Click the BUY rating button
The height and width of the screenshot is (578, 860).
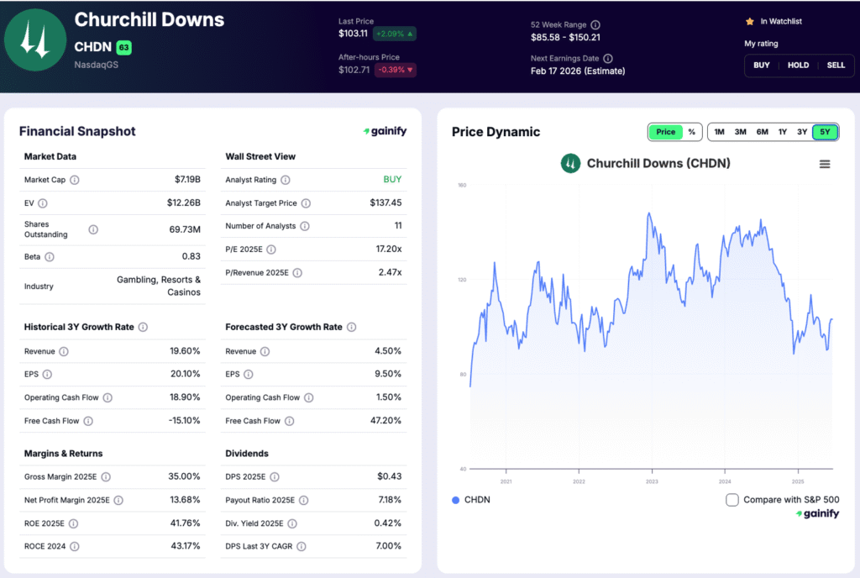(761, 65)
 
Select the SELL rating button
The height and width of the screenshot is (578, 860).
(836, 65)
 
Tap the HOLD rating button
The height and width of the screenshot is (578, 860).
(798, 65)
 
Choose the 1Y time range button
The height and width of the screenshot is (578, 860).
(782, 132)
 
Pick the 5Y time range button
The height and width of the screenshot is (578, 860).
(825, 132)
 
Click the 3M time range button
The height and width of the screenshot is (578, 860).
(740, 132)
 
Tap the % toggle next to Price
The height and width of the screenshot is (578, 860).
(691, 132)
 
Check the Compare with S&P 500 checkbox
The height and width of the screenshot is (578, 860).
(732, 500)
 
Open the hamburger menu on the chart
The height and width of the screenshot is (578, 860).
(825, 164)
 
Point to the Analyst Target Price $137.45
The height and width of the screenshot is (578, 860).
(385, 203)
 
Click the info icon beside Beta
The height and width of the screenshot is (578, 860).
(50, 256)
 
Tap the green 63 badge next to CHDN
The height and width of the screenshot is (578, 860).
(123, 47)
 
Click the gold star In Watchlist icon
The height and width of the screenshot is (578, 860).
(749, 21)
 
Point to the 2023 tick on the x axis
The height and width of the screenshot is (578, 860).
(652, 481)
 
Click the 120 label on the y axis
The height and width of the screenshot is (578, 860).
(461, 280)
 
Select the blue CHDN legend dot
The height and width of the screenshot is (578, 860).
(456, 500)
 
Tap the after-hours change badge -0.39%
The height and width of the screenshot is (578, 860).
(394, 70)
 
